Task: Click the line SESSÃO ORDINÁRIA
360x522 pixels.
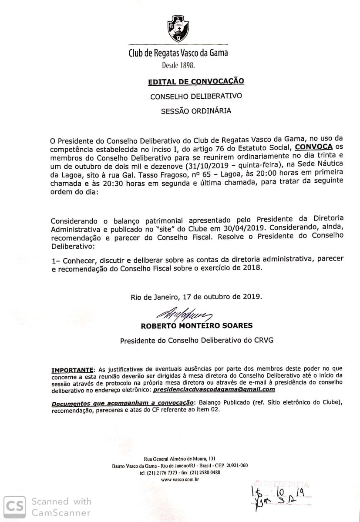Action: click(x=196, y=110)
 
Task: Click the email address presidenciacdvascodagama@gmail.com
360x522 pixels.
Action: click(x=214, y=389)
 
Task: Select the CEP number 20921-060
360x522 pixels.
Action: click(x=236, y=466)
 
